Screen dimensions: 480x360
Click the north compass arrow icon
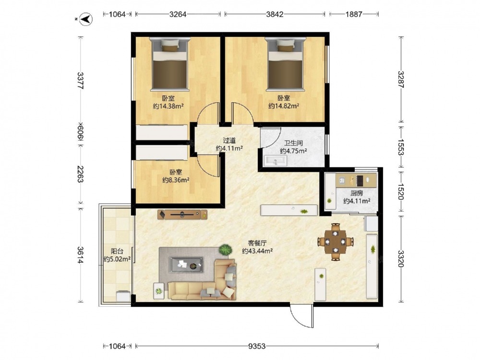(x=86, y=19)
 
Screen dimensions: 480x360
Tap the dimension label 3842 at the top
(x=275, y=14)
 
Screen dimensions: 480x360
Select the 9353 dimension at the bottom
(x=257, y=346)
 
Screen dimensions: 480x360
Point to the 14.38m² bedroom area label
(x=168, y=106)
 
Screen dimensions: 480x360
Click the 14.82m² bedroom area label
(x=284, y=106)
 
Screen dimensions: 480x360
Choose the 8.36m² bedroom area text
(x=175, y=180)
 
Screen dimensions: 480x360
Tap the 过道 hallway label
(x=229, y=141)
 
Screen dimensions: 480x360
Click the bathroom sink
(x=276, y=161)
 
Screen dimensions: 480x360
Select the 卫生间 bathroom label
(x=293, y=143)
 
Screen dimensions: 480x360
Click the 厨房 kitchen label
(x=357, y=193)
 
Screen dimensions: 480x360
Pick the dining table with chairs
(x=336, y=242)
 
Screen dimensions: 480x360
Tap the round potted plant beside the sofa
(x=225, y=250)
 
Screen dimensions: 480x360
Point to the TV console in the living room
(x=182, y=215)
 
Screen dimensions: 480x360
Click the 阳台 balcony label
(x=117, y=252)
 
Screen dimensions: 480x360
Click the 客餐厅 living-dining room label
(x=257, y=243)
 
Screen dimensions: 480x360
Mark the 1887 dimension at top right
(x=354, y=14)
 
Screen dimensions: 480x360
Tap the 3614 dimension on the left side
(x=80, y=255)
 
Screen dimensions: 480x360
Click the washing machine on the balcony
(x=123, y=296)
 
